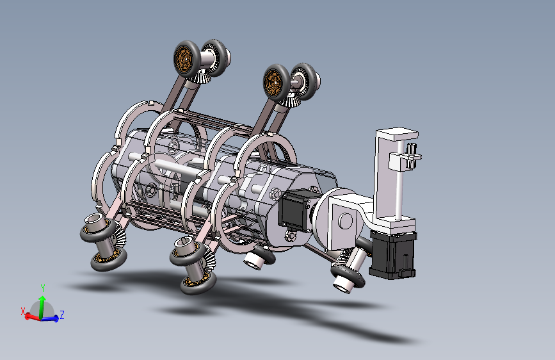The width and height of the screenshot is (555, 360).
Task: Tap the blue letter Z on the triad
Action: click(x=62, y=315)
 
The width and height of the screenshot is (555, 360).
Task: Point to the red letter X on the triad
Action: click(x=23, y=311)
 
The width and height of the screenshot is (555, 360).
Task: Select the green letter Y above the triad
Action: click(x=43, y=288)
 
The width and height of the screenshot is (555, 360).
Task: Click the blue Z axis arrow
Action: click(x=49, y=319)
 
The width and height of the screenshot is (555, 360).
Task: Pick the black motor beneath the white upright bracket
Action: click(x=393, y=254)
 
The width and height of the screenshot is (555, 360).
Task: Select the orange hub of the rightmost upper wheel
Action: click(x=273, y=83)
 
